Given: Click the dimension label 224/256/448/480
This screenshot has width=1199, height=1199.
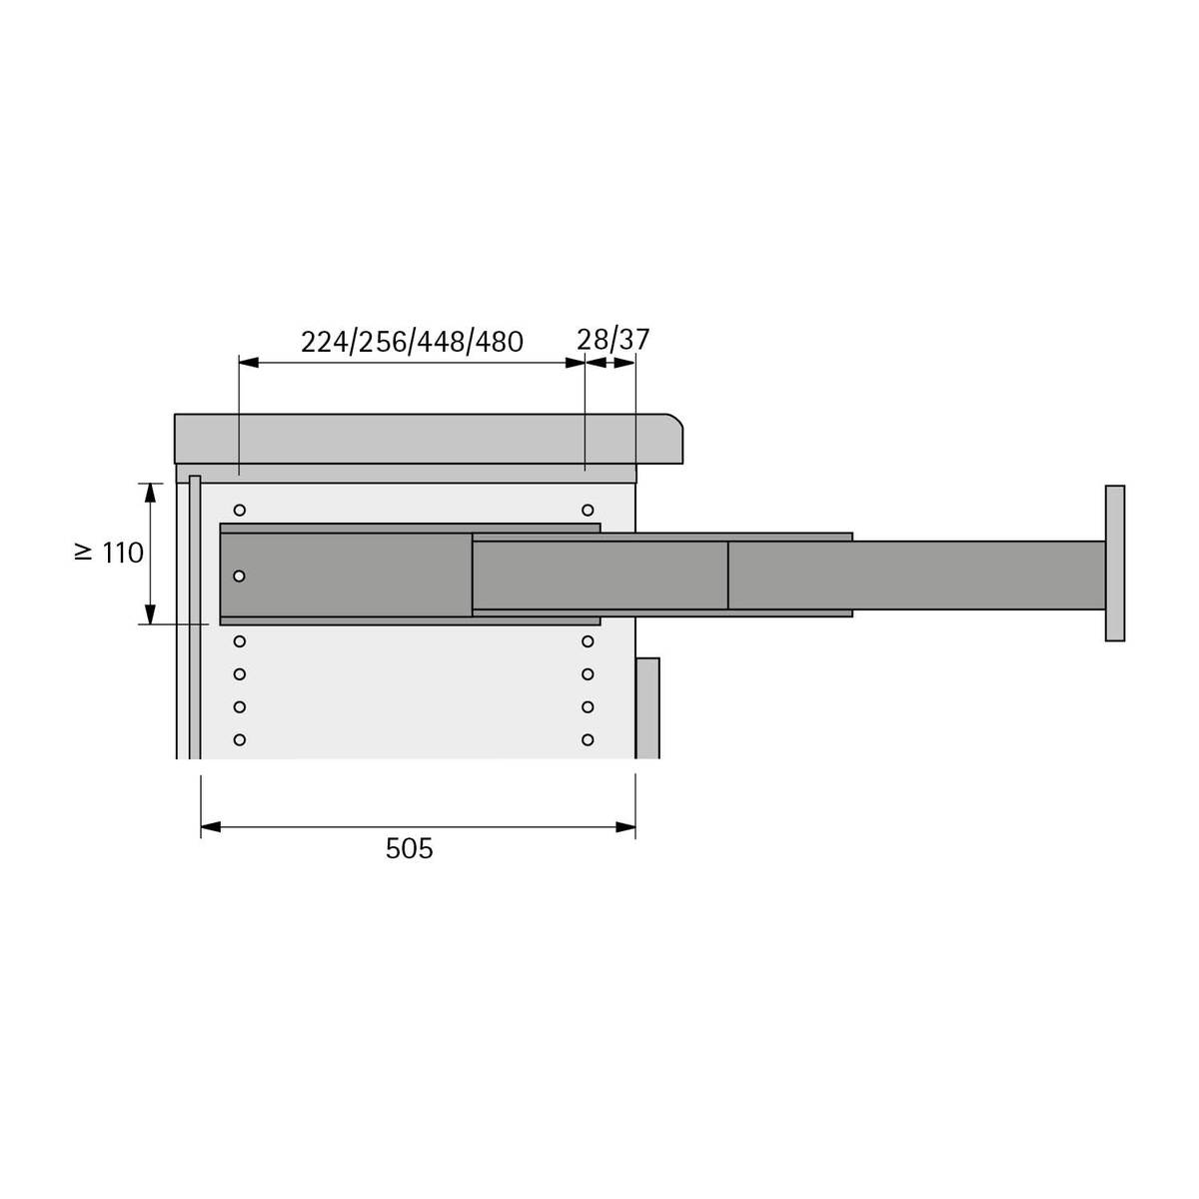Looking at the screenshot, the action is (412, 342).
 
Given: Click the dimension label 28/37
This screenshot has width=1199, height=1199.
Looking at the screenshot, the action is (612, 340).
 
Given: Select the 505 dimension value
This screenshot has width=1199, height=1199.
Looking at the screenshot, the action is (409, 848).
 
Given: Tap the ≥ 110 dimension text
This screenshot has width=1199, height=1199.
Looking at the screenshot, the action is (109, 553).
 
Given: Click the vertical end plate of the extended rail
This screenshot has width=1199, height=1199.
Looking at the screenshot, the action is (1114, 564).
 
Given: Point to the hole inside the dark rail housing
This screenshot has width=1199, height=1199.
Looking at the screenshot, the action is (239, 577).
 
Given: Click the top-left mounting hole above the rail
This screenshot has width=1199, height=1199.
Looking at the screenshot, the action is (240, 511).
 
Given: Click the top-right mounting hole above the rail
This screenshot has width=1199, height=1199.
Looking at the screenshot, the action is (588, 511).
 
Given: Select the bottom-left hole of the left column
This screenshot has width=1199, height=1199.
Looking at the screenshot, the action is (240, 739).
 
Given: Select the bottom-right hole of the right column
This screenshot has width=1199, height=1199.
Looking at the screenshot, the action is (588, 739).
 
